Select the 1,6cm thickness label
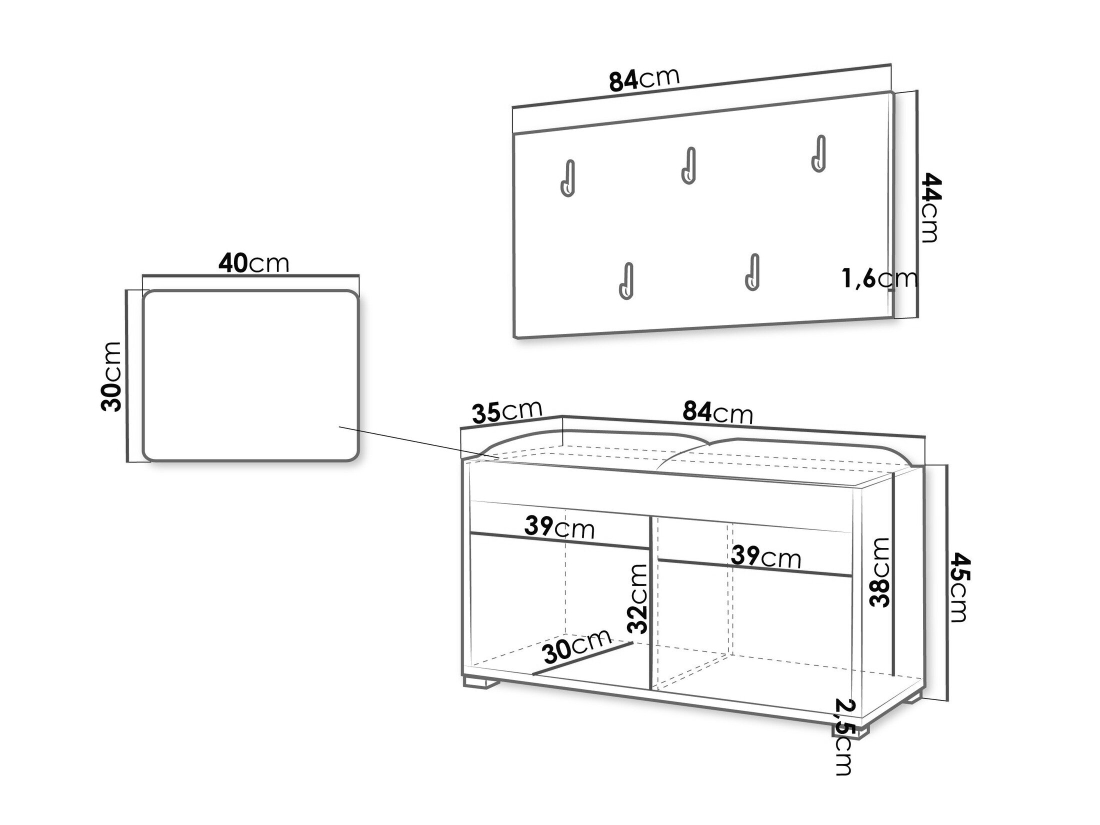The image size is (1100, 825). click(879, 279)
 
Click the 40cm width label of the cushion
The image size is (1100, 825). click(253, 263)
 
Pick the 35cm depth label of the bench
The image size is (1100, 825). click(507, 412)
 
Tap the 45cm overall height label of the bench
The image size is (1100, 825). click(959, 586)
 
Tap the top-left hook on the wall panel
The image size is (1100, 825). click(568, 178)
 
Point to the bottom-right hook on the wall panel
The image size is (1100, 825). click(752, 271)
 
